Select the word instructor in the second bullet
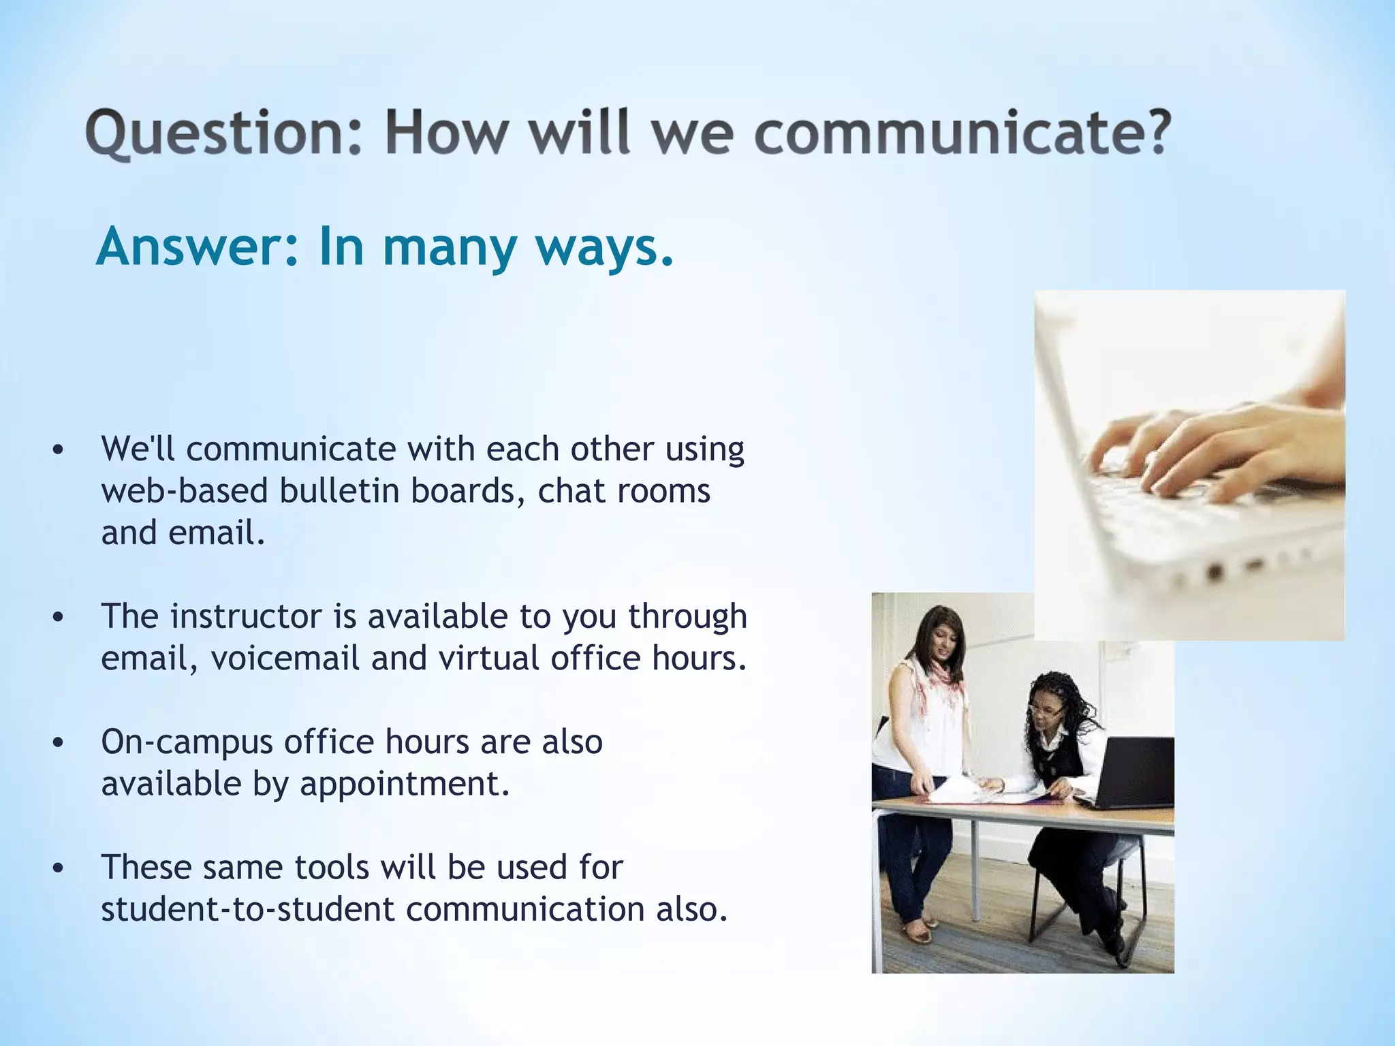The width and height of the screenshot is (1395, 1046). click(x=246, y=616)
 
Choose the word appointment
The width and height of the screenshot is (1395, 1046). click(x=405, y=784)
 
